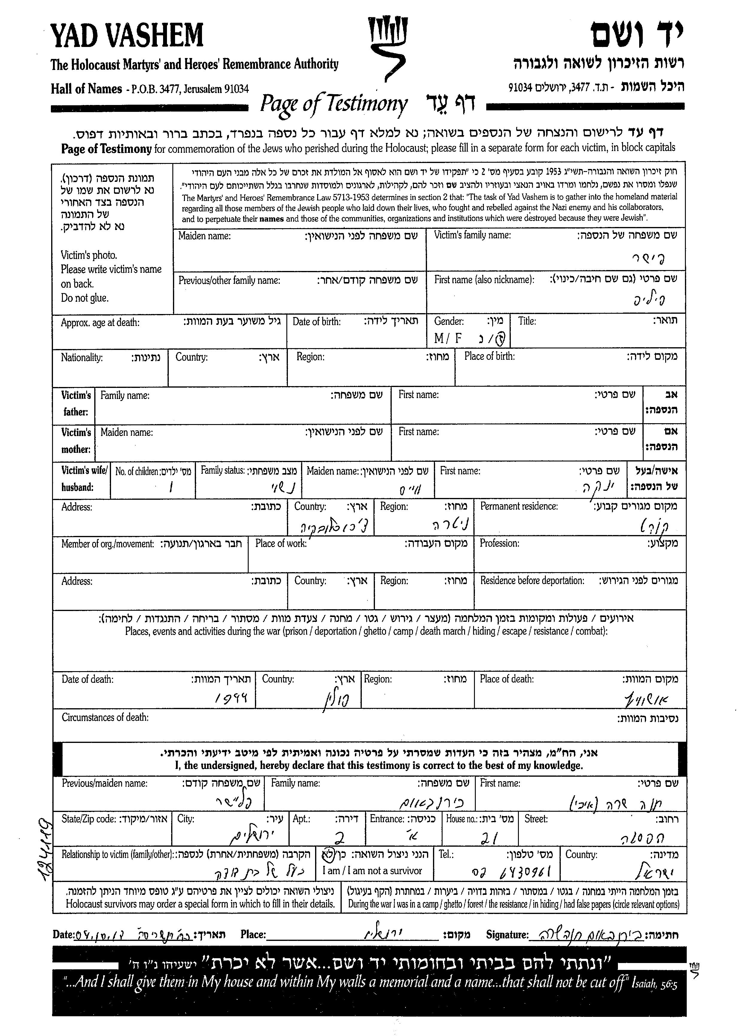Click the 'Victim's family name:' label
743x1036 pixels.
tap(472, 235)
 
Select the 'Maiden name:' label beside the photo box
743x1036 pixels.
tap(204, 236)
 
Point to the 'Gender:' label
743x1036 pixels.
tap(449, 321)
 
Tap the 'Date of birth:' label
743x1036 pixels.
tap(316, 322)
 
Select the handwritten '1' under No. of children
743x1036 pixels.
tap(171, 488)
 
